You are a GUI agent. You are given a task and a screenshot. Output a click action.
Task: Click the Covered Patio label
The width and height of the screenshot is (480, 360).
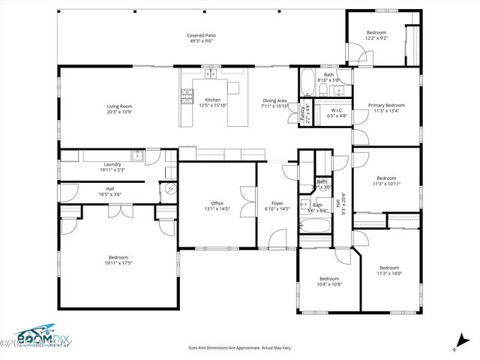[201, 35]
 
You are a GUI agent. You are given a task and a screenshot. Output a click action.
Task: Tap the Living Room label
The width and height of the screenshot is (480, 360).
[119, 106]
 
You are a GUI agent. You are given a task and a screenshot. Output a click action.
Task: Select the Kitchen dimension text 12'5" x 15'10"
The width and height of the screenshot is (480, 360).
[212, 106]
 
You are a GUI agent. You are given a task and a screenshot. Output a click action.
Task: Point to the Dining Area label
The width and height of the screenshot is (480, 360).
[274, 100]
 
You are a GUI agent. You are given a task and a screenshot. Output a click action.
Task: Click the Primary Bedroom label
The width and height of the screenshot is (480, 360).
[386, 105]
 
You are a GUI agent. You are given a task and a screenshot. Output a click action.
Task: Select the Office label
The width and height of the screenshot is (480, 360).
[217, 202]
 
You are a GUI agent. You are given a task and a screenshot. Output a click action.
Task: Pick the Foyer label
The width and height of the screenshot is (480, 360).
[277, 202]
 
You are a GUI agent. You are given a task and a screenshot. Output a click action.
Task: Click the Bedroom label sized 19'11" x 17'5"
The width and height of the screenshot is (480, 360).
[118, 257]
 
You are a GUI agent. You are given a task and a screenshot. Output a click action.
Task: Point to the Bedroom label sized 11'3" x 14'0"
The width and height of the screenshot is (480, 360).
[388, 268]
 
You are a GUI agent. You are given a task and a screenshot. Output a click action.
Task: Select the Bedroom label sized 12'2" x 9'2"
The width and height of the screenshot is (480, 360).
[376, 32]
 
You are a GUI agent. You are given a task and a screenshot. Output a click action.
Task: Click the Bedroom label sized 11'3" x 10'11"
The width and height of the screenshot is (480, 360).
[386, 178]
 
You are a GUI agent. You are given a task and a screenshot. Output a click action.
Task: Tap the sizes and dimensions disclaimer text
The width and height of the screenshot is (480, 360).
[239, 347]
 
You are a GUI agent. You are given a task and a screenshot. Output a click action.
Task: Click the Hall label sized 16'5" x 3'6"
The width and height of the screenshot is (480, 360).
[110, 188]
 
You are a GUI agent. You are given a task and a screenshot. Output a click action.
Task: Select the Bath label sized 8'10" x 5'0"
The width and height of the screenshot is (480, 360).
[328, 75]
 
